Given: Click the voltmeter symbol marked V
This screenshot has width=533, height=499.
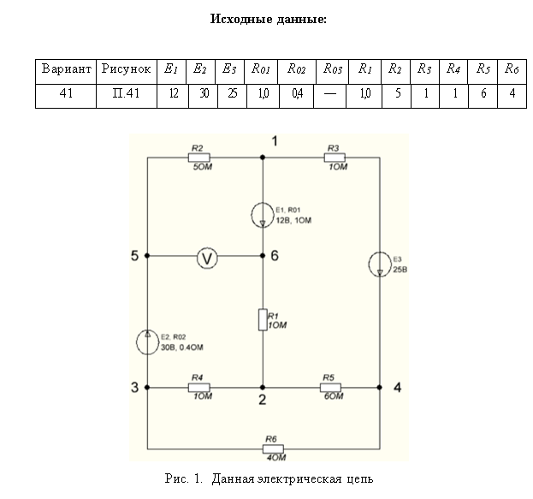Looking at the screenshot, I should [x=204, y=256].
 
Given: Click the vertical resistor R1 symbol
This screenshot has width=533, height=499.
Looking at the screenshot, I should [x=263, y=320].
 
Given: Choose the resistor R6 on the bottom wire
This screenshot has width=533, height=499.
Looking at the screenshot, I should [x=273, y=449].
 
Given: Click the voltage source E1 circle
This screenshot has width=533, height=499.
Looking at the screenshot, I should [x=263, y=215].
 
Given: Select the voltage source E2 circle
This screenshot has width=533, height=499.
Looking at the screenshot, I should [x=148, y=342].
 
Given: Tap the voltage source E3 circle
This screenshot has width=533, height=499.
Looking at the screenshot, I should [x=379, y=264].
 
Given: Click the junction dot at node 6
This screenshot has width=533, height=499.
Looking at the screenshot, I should [x=263, y=256].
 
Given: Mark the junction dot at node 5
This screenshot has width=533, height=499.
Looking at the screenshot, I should [x=148, y=256].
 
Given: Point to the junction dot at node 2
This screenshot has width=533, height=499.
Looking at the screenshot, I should [x=263, y=388].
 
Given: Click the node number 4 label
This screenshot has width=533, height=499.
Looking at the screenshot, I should [x=397, y=387].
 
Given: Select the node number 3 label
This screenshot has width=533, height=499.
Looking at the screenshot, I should [x=134, y=388].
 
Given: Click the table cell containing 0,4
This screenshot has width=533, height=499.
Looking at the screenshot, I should [x=297, y=94].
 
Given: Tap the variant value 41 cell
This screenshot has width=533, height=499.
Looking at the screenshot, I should [x=65, y=94].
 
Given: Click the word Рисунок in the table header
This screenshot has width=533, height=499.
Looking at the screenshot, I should [x=126, y=68].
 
